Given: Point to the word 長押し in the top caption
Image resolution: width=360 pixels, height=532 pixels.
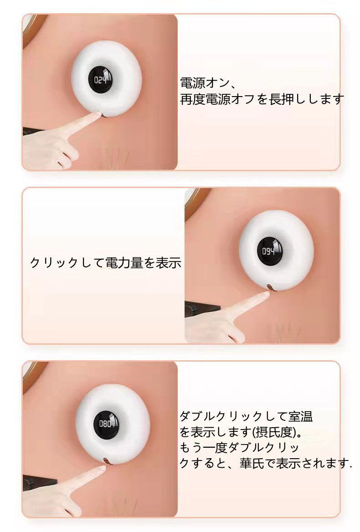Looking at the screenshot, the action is pos(287,99).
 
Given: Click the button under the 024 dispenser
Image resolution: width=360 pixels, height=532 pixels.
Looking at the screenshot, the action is pos(102,114).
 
